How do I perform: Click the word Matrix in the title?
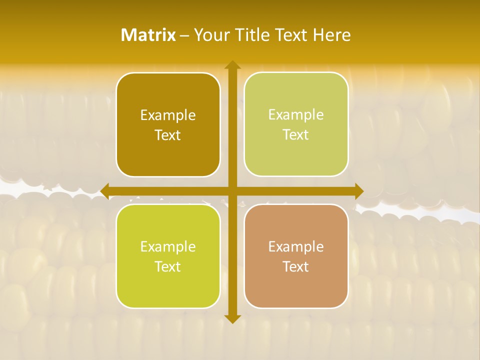(x=148, y=35)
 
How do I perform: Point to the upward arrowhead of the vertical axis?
(x=232, y=65)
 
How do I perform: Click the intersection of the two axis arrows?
(x=232, y=190)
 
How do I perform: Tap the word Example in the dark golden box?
(x=168, y=115)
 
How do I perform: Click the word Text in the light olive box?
(x=296, y=135)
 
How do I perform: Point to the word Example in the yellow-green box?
(x=168, y=246)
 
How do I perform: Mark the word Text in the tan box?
(x=296, y=266)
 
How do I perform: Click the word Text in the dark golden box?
(x=168, y=135)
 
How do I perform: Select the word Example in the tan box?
(x=296, y=246)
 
